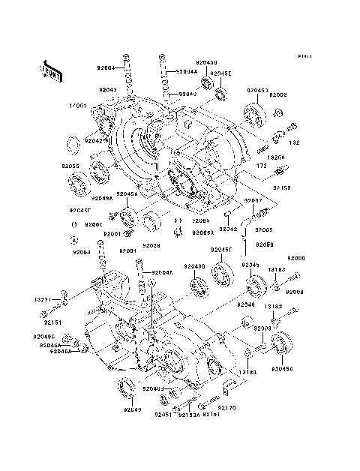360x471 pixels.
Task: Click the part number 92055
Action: [70, 165]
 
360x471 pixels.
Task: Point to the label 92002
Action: [279, 95]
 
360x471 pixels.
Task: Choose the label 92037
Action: [253, 201]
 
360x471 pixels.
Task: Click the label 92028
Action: [151, 245]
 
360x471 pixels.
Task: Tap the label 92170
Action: [226, 409]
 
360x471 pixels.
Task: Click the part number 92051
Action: [163, 415]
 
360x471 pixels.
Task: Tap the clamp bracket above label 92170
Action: [229, 388]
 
